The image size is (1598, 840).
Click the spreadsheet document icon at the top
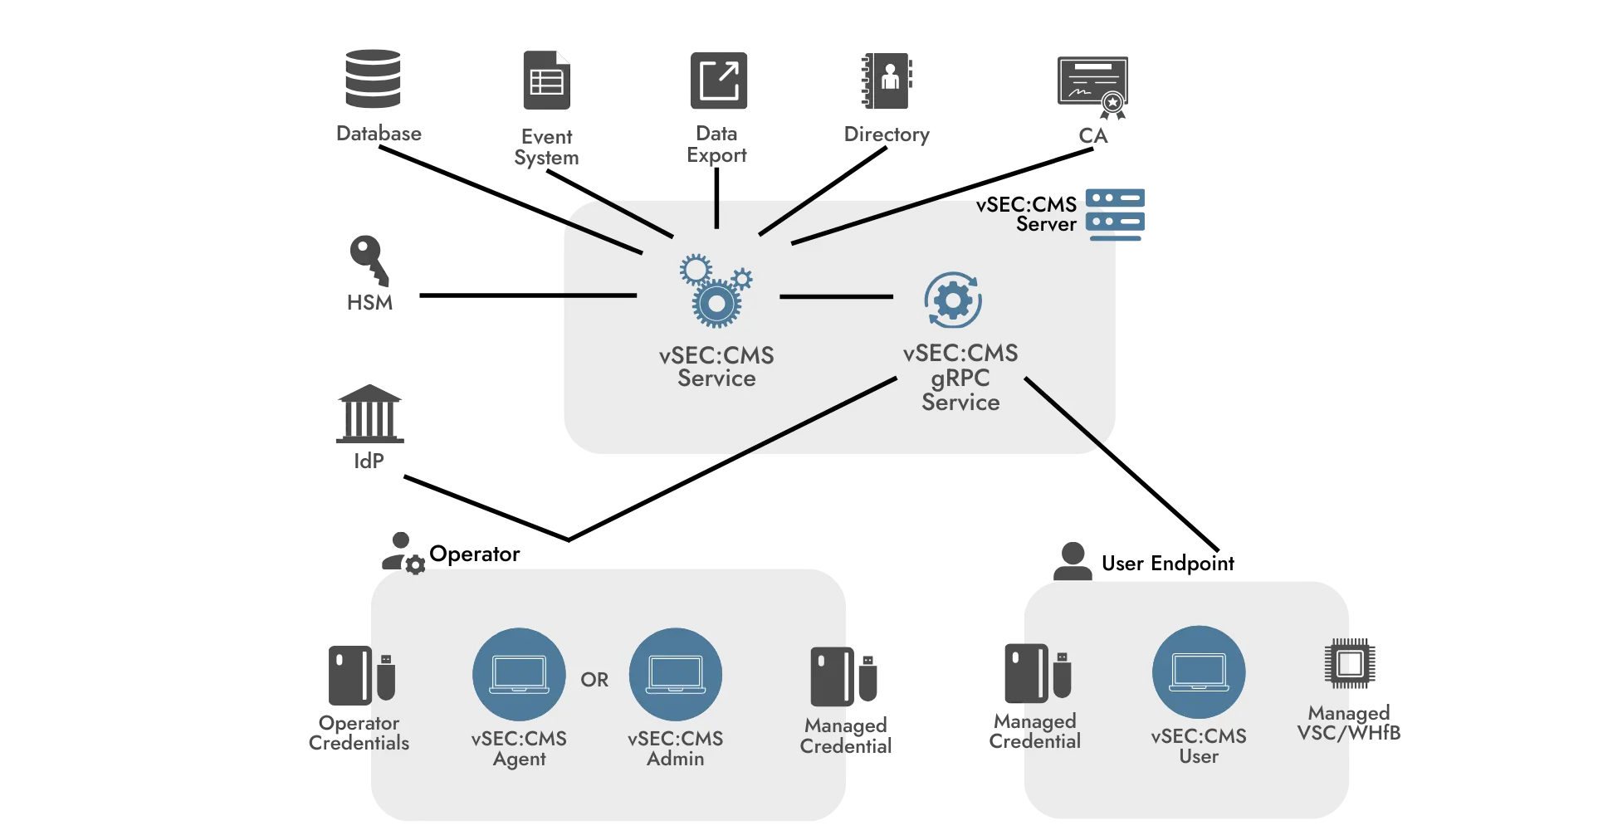click(545, 80)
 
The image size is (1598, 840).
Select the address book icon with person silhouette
click(887, 80)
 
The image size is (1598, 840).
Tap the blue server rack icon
click(1116, 214)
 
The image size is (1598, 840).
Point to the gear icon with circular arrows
click(953, 300)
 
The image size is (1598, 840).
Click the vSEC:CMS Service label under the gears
click(716, 367)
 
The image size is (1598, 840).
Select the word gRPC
click(960, 378)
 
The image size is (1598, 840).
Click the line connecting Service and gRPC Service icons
click(835, 296)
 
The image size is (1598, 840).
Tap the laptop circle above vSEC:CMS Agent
click(519, 674)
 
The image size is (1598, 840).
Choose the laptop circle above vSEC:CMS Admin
click(676, 674)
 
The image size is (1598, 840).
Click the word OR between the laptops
click(594, 680)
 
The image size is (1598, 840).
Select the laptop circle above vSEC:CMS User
click(1199, 672)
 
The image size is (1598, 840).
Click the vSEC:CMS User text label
click(1199, 745)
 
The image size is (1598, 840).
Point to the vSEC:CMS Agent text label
click(519, 748)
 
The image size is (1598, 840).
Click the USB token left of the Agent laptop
click(385, 677)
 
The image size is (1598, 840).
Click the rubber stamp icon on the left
click(369, 274)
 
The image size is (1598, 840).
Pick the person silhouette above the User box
click(1072, 559)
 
